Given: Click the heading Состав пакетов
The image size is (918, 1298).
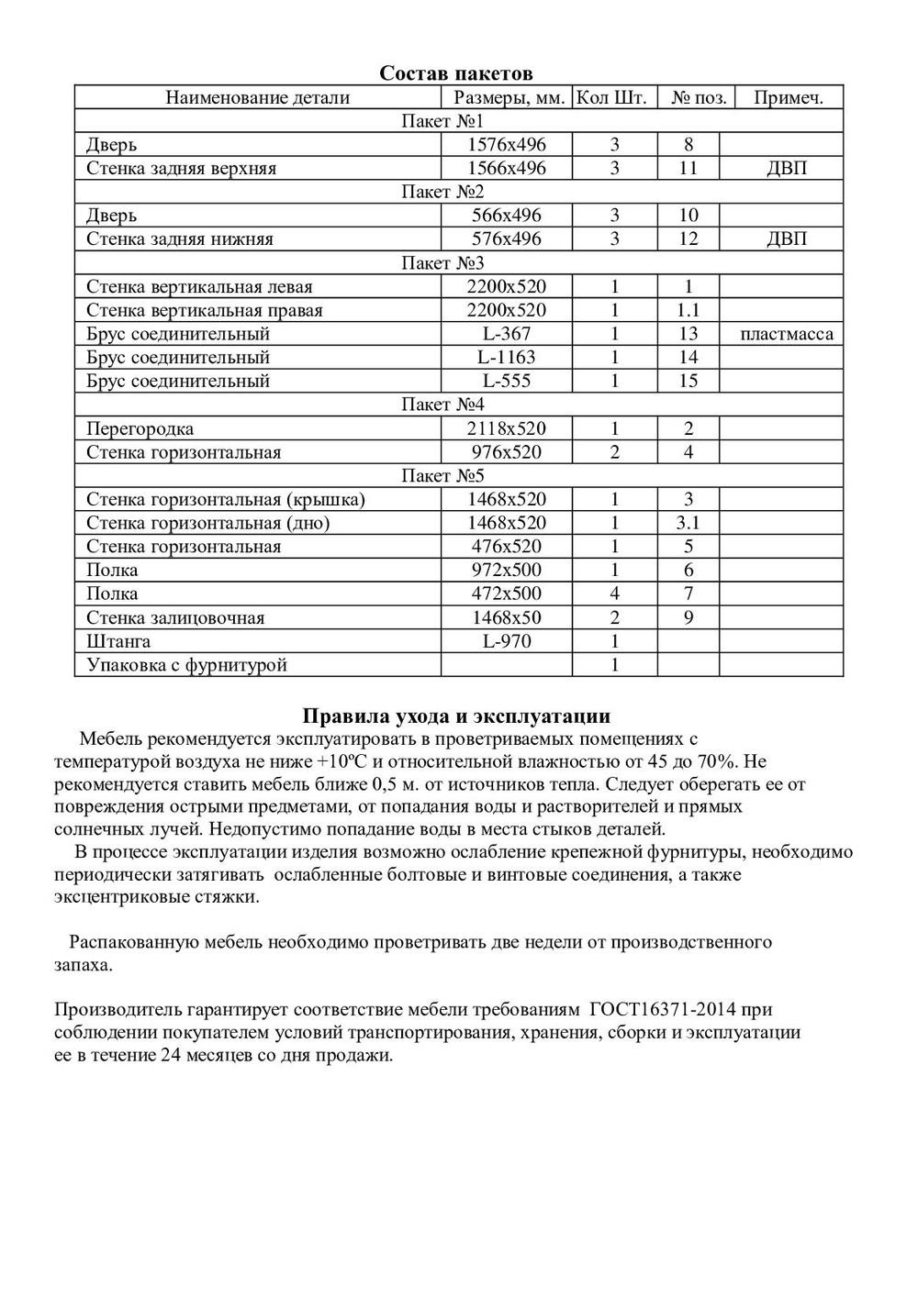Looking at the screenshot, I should click(x=456, y=73).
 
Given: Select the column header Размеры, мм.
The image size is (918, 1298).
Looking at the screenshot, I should click(x=509, y=98).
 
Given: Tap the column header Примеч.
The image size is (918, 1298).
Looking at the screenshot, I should click(x=788, y=98).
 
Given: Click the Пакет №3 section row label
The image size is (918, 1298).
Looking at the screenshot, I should click(x=442, y=263).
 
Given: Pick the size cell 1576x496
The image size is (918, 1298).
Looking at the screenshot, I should click(x=506, y=145).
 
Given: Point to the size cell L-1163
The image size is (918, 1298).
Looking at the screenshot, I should click(x=506, y=358).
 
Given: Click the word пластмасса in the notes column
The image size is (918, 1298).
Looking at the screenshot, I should click(x=787, y=334).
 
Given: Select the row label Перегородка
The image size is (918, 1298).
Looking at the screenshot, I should click(x=140, y=429).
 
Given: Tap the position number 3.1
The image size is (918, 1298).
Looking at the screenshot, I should click(x=688, y=524).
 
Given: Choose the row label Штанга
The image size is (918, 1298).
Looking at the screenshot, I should click(x=118, y=641).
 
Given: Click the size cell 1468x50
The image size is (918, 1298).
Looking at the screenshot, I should click(x=506, y=618).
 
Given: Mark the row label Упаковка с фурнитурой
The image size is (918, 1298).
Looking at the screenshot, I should click(x=186, y=665).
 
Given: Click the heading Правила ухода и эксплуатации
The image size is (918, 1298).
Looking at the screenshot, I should click(x=456, y=716).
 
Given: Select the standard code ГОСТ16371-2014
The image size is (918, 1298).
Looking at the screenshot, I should click(x=662, y=1010).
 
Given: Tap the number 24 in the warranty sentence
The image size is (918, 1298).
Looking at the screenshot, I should click(x=171, y=1055).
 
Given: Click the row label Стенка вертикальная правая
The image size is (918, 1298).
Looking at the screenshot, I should click(x=205, y=311).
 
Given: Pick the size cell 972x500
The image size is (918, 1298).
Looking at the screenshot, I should click(x=506, y=571).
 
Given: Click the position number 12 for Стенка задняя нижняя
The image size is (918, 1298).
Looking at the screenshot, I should click(x=688, y=239).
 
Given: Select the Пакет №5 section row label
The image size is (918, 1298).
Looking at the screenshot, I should click(x=442, y=476).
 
